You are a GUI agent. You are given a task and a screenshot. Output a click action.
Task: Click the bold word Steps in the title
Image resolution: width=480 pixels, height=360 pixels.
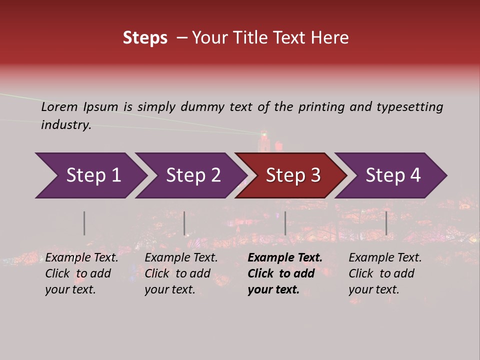[x=145, y=38]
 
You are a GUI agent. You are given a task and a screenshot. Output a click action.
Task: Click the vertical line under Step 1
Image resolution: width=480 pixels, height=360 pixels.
[x=84, y=223]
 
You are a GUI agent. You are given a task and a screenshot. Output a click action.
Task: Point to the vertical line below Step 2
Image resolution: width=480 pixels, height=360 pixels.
[x=184, y=223]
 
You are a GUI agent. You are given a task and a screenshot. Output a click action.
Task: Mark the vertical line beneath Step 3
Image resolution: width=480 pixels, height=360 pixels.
[x=285, y=223]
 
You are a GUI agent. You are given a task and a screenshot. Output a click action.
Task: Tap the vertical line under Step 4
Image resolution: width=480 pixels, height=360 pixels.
[x=386, y=223]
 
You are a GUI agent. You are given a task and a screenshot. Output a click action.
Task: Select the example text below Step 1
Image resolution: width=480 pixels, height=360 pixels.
[x=81, y=273]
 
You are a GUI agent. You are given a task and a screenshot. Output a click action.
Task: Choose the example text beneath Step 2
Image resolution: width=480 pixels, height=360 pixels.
[x=180, y=273]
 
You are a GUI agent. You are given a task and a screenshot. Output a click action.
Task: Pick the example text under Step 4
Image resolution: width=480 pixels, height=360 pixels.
[x=384, y=273]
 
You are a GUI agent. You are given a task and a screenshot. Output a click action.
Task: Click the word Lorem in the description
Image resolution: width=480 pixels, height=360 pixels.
[x=59, y=107]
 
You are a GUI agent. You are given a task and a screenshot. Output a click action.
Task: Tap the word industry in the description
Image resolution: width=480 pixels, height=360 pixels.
[x=66, y=125]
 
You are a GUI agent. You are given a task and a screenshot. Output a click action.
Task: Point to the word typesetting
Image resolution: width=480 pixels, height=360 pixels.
[x=409, y=107]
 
